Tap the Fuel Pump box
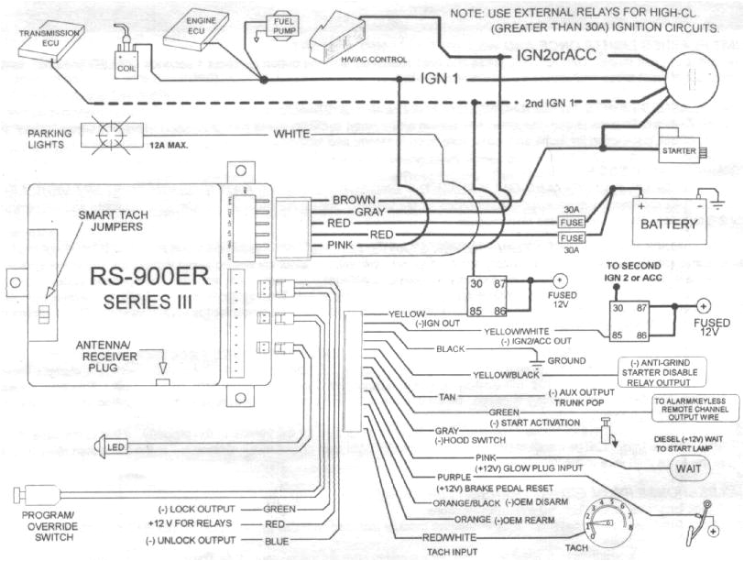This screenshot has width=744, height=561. [279, 23]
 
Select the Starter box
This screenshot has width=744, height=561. [678, 151]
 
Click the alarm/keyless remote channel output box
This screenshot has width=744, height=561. [695, 406]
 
